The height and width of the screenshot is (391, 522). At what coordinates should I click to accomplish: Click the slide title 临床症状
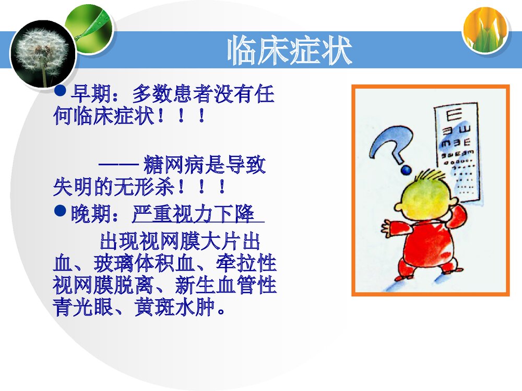(x=290, y=51)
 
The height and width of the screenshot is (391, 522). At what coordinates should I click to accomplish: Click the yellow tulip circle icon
(x=485, y=30)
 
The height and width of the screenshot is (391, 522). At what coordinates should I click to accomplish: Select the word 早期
(x=86, y=94)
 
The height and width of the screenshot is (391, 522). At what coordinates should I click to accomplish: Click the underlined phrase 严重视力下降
(x=193, y=214)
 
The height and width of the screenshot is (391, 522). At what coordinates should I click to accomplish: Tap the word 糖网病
(x=168, y=166)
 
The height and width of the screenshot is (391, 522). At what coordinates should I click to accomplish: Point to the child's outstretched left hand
(x=387, y=227)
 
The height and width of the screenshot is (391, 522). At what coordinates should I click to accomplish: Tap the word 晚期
(x=86, y=214)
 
